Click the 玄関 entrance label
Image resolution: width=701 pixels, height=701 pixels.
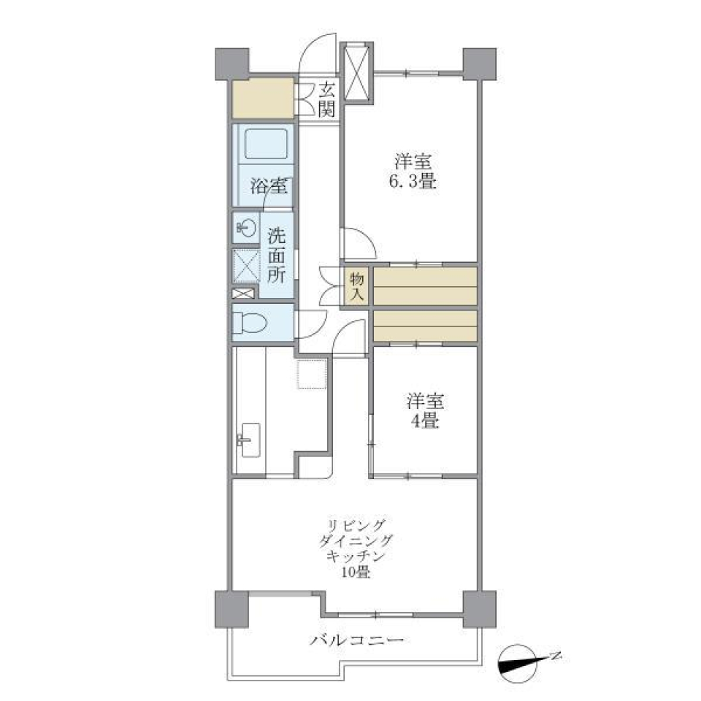tap(326, 100)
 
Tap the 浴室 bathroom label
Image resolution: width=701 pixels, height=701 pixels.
tap(268, 186)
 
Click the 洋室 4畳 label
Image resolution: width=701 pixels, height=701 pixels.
tap(424, 411)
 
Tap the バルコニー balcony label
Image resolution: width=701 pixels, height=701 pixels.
tap(356, 642)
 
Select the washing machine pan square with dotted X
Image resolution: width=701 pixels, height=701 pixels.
tap(245, 265)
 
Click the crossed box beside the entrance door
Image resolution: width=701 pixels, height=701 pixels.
tap(359, 71)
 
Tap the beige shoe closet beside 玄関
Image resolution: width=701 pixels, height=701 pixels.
tap(263, 100)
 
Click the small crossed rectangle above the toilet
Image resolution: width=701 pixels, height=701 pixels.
tap(244, 294)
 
